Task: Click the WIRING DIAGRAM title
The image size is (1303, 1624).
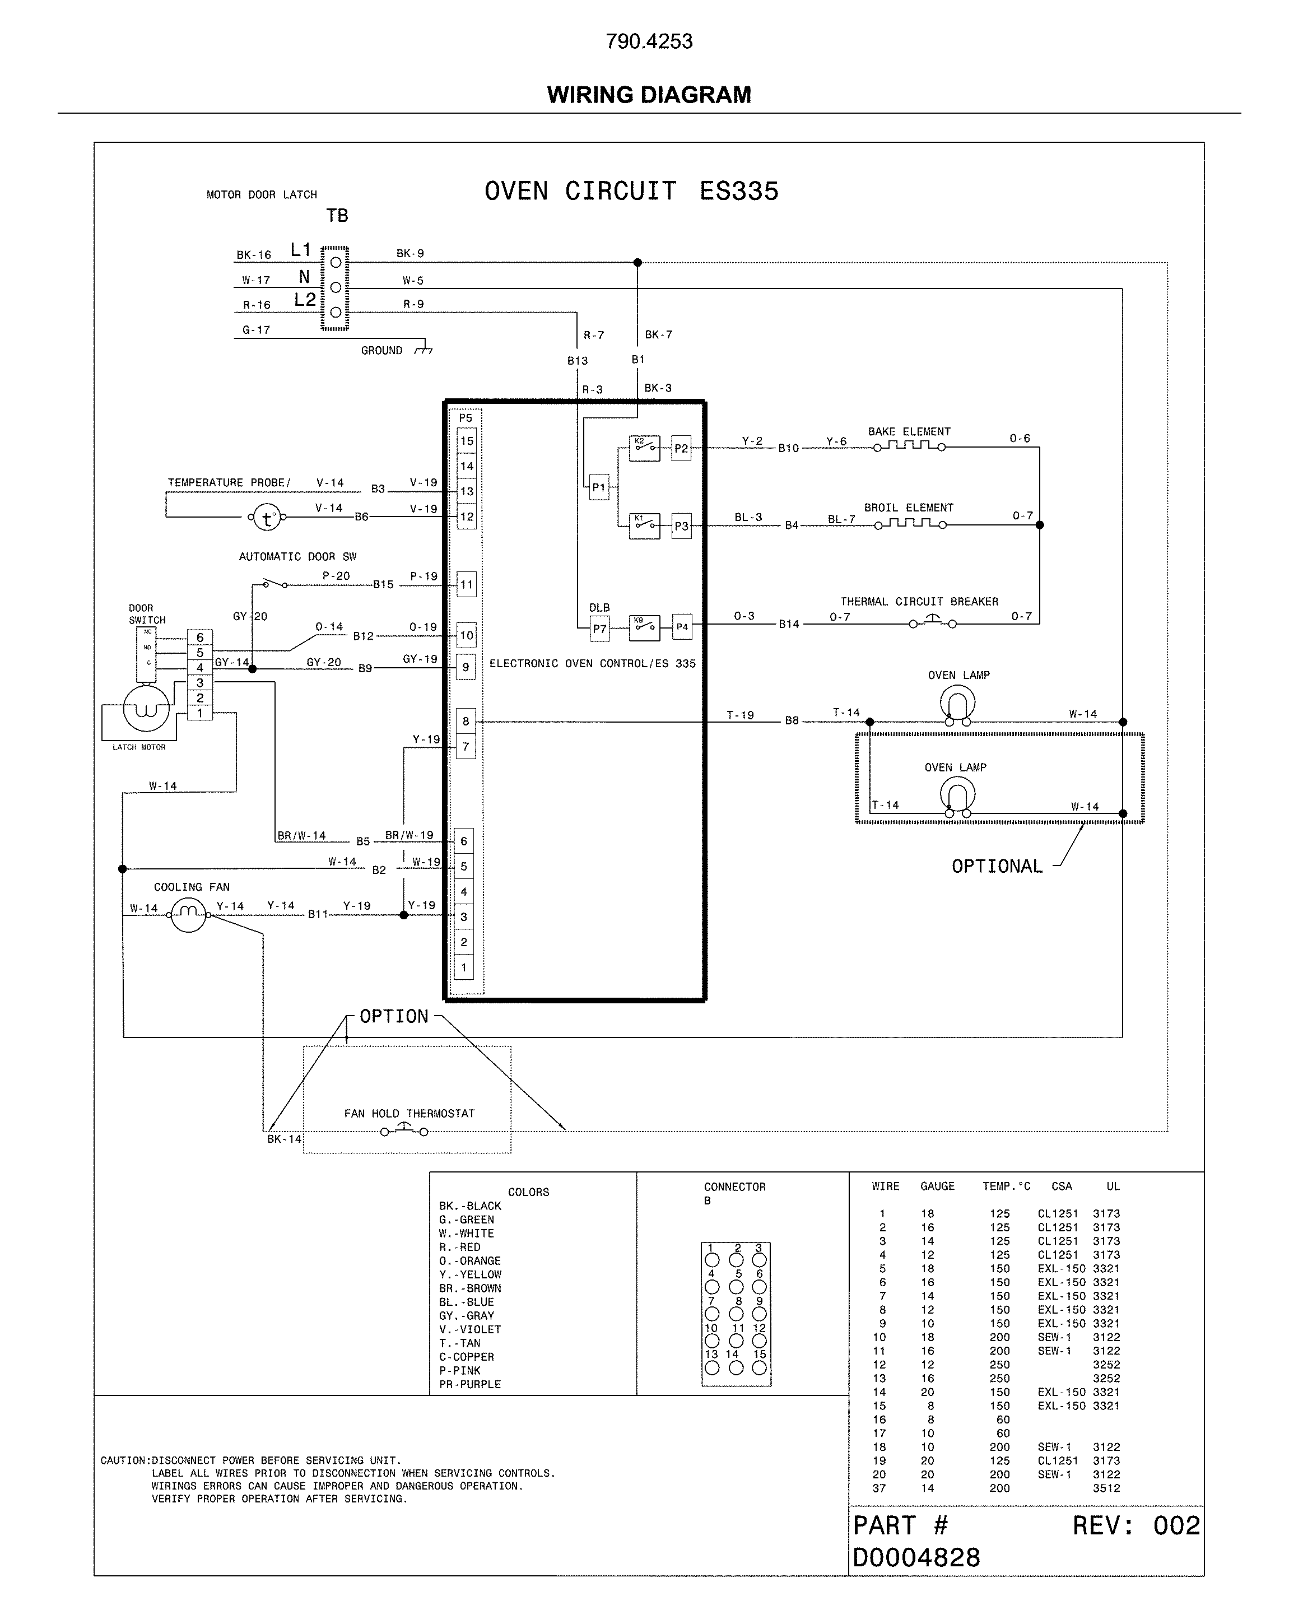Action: (649, 95)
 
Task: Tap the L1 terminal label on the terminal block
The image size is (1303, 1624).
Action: (300, 250)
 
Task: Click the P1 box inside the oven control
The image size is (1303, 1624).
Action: (599, 487)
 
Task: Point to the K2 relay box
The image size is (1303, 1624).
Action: (644, 448)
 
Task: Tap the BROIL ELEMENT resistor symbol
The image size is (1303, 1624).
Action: (910, 524)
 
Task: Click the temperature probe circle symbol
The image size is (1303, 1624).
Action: (266, 518)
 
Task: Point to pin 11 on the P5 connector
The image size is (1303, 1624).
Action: (466, 584)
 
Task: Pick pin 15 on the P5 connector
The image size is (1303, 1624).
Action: (466, 441)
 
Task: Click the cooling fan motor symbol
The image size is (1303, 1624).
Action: (188, 914)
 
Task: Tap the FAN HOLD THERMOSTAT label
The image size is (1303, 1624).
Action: (409, 1113)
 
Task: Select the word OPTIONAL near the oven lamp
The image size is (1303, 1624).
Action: (997, 866)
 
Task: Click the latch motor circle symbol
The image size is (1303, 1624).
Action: (146, 709)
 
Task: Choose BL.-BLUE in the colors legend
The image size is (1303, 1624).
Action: (466, 1302)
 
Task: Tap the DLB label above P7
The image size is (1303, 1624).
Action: (599, 608)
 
